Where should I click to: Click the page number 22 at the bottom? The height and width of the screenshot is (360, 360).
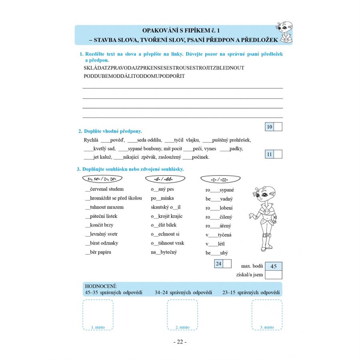pyautogui.click(x=180, y=342)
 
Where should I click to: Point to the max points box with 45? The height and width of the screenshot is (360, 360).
pyautogui.click(x=274, y=266)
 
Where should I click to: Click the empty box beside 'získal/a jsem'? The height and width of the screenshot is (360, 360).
pyautogui.click(x=274, y=275)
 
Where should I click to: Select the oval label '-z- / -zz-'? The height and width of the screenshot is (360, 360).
pyautogui.click(x=215, y=178)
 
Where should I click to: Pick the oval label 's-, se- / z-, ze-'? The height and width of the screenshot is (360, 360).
pyautogui.click(x=102, y=178)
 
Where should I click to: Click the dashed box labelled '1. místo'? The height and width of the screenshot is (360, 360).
pyautogui.click(x=98, y=315)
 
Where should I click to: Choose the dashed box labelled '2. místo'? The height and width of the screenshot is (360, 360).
pyautogui.click(x=182, y=315)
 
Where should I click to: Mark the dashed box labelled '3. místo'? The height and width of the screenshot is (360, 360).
pyautogui.click(x=267, y=315)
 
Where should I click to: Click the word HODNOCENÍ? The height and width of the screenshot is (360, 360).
pyautogui.click(x=100, y=287)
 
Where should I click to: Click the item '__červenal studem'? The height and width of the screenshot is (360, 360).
pyautogui.click(x=104, y=189)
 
